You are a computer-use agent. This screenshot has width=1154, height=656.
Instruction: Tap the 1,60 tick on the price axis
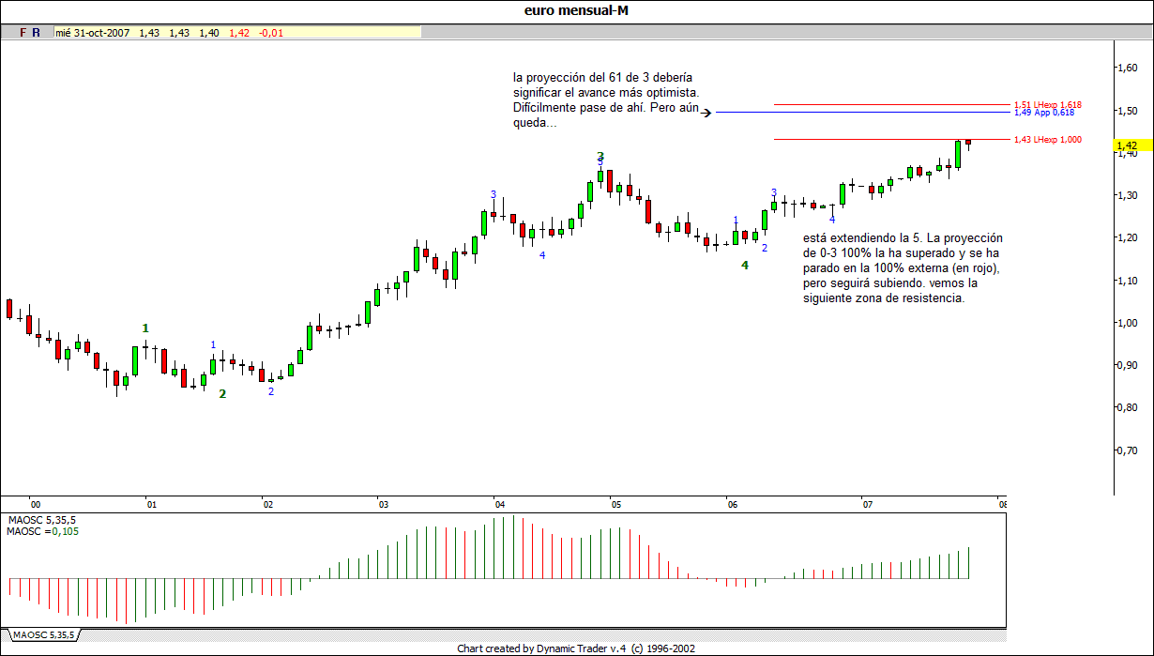coord(1127,68)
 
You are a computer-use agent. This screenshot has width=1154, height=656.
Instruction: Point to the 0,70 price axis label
coord(1127,450)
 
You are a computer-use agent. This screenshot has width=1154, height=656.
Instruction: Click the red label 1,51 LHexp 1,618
coord(1048,105)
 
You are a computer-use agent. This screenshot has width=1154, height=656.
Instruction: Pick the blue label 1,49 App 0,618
coord(1044,113)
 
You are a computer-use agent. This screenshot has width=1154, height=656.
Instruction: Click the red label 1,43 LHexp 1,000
coord(1048,140)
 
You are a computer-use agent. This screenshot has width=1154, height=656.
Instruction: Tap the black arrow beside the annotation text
coord(708,113)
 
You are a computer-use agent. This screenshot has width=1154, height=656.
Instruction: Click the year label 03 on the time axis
coord(384,505)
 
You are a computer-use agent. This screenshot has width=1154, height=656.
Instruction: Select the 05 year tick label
coord(616,505)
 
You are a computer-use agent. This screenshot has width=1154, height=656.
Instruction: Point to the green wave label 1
coord(145,328)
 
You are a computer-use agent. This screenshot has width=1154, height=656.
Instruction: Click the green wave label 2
coord(222,394)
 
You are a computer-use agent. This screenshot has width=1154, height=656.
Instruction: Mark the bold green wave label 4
coord(745,266)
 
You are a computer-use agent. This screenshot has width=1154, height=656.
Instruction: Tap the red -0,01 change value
coord(270,33)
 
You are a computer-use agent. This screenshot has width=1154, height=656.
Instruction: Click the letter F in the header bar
coord(23,33)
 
